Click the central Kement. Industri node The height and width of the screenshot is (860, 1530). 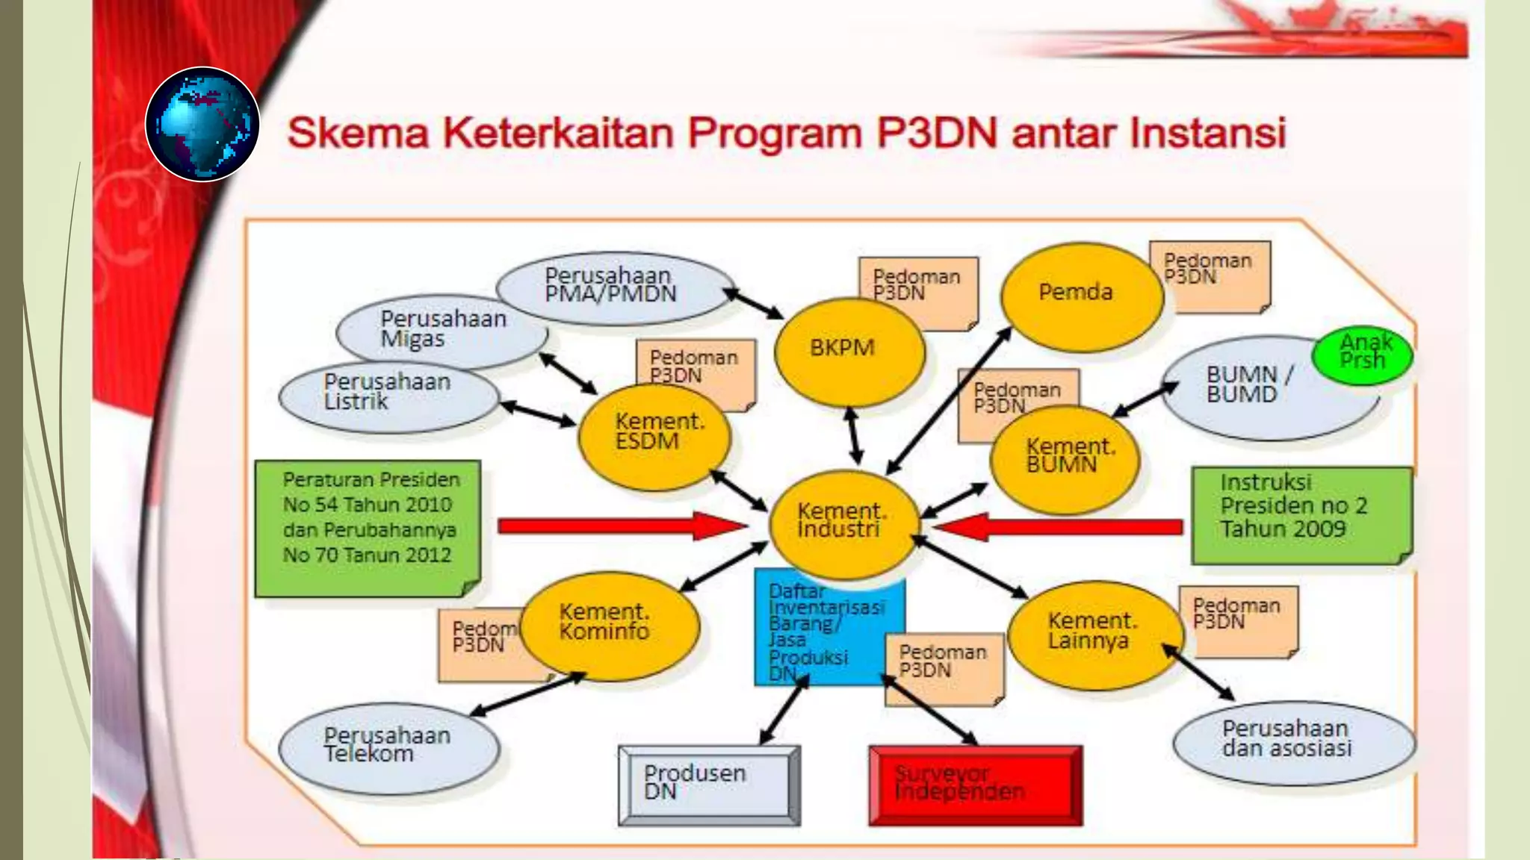[x=843, y=523]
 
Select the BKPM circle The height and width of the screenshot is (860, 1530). [x=849, y=350]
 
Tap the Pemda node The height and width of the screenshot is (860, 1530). [x=1080, y=293]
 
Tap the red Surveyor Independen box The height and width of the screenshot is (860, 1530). [x=974, y=785]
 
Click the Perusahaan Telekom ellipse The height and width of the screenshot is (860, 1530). [x=388, y=747]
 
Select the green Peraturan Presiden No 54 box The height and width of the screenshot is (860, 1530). [x=368, y=526]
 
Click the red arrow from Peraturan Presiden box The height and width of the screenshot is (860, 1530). [x=620, y=526]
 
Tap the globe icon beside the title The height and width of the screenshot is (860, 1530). [x=202, y=124]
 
